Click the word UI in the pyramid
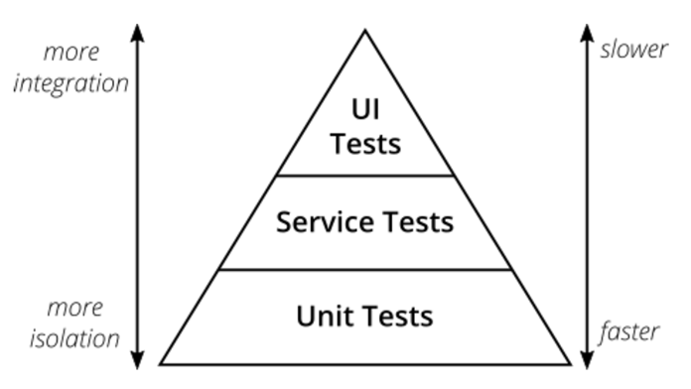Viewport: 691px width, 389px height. (x=364, y=107)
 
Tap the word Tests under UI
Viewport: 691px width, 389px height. (x=365, y=144)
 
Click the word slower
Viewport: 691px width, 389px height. (x=633, y=49)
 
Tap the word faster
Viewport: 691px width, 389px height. (x=629, y=331)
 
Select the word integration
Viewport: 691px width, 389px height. (x=70, y=83)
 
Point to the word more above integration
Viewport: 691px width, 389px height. (x=71, y=53)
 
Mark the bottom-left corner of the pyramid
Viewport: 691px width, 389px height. (x=162, y=363)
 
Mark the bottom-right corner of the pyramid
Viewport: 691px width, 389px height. (x=570, y=363)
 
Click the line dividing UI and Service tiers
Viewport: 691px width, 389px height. (x=365, y=176)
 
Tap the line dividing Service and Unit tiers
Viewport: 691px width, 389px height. (x=365, y=269)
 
